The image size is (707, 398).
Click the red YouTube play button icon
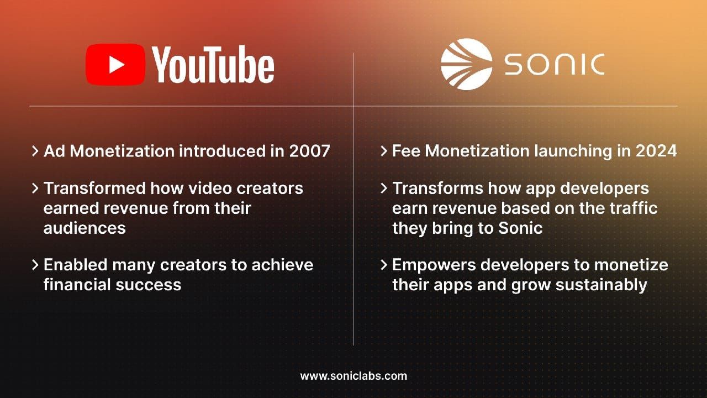point(115,65)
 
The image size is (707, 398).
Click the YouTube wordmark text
point(213,65)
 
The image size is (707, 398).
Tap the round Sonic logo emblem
point(467,65)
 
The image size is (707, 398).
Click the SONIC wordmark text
point(555,65)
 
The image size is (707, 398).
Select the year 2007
point(310,151)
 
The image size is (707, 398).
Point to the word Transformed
point(94,188)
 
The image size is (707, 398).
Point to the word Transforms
point(438,188)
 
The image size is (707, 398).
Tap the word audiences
point(85,228)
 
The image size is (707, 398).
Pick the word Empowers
point(434,265)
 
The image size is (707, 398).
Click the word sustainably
point(602,286)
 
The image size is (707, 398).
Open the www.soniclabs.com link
point(353,376)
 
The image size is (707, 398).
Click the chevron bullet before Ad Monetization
point(35,151)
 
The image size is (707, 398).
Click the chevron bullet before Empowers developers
point(383,265)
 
